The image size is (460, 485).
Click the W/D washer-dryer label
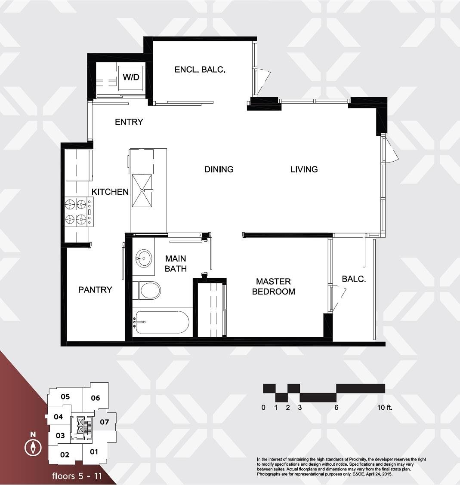click(131, 77)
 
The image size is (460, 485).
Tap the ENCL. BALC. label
click(200, 70)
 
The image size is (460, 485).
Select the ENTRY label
click(129, 122)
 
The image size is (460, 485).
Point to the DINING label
click(219, 169)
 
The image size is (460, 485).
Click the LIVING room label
click(304, 169)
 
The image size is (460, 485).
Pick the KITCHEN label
click(110, 192)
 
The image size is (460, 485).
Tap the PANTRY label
click(95, 290)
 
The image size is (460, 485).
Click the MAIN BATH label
click(176, 264)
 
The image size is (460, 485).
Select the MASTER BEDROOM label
click(273, 286)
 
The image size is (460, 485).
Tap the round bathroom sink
click(144, 258)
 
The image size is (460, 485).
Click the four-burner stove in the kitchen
click(79, 212)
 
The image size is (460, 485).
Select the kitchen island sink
click(142, 190)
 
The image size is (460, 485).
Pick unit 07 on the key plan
click(104, 422)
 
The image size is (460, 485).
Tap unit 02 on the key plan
click(65, 455)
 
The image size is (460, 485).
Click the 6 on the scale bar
click(336, 407)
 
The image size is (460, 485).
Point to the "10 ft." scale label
click(384, 407)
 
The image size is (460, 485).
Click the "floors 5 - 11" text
click(77, 476)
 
